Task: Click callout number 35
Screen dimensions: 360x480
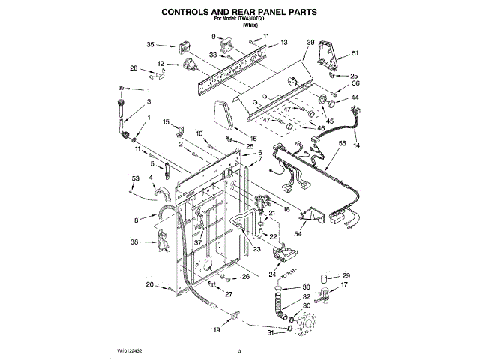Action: pyautogui.click(x=150, y=45)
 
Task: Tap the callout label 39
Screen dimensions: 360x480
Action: pyautogui.click(x=310, y=43)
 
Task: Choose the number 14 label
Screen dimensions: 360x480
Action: pyautogui.click(x=356, y=144)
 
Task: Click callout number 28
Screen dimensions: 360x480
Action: pyautogui.click(x=133, y=68)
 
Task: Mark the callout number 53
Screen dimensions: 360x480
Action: pyautogui.click(x=135, y=178)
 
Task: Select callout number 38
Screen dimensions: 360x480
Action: pyautogui.click(x=134, y=241)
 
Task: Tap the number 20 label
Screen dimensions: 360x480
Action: pyautogui.click(x=150, y=284)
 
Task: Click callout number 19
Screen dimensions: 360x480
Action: pyautogui.click(x=217, y=329)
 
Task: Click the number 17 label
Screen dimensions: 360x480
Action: pyautogui.click(x=345, y=285)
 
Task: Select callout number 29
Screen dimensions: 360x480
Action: pyautogui.click(x=346, y=275)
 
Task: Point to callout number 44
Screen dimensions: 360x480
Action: pyautogui.click(x=355, y=97)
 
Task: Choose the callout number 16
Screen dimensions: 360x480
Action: pyautogui.click(x=253, y=138)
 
